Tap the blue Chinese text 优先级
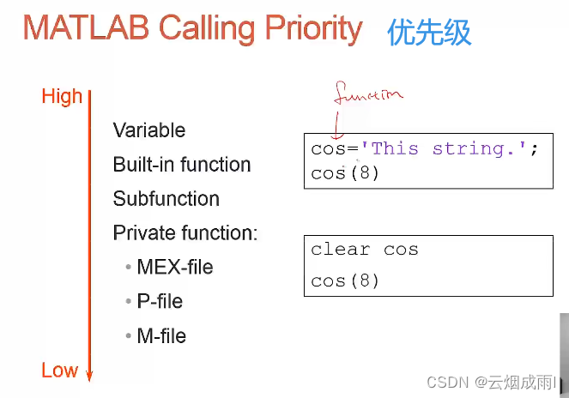pyautogui.click(x=429, y=33)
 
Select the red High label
pyautogui.click(x=62, y=97)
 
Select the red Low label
pyautogui.click(x=59, y=371)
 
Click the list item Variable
pyautogui.click(x=149, y=130)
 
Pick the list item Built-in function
pyautogui.click(x=182, y=165)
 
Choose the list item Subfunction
pyautogui.click(x=166, y=199)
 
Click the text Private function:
pyautogui.click(x=185, y=233)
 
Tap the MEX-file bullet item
pyautogui.click(x=175, y=268)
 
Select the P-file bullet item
pyautogui.click(x=160, y=302)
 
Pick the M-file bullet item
pyautogui.click(x=161, y=336)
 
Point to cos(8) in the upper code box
pyautogui.click(x=345, y=172)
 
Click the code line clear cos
pyautogui.click(x=364, y=250)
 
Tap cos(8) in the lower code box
pyautogui.click(x=345, y=280)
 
